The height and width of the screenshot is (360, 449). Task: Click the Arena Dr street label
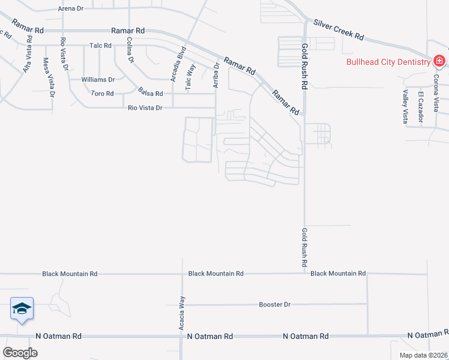[x=71, y=8]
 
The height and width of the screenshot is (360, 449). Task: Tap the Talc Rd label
[x=101, y=45]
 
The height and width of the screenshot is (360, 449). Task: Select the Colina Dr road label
[x=129, y=50]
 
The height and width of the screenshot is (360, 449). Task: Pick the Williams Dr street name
[x=98, y=79]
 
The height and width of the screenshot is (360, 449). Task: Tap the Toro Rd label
[x=101, y=94]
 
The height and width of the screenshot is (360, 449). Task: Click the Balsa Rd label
[x=150, y=94]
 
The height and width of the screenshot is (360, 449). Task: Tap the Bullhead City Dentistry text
[x=387, y=61]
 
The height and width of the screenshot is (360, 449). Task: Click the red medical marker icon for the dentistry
[x=439, y=61]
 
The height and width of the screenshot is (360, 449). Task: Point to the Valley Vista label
[x=406, y=106]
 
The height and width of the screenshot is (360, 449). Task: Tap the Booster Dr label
[x=274, y=305]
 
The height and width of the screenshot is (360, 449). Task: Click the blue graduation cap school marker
[x=22, y=308]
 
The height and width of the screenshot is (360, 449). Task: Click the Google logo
[x=20, y=352]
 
